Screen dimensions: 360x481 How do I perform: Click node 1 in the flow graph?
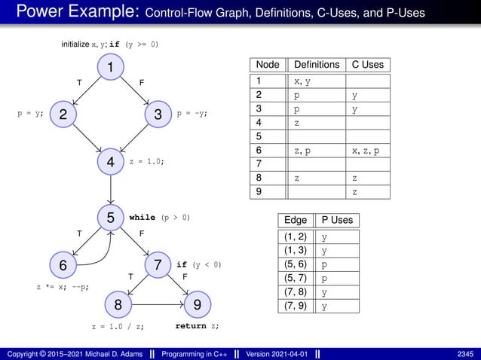coord(110,68)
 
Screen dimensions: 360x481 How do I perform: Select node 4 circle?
coord(110,161)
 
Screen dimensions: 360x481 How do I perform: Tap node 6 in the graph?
coord(64,265)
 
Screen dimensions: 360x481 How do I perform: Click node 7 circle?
coord(158,265)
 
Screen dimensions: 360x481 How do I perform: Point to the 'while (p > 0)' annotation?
coord(160,218)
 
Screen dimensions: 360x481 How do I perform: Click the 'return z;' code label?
coord(198,328)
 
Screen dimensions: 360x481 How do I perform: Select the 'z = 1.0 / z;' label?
coord(117,328)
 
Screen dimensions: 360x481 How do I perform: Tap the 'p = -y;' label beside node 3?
coord(191,114)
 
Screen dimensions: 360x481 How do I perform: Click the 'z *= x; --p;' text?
coord(64,287)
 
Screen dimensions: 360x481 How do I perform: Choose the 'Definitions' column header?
coord(316,65)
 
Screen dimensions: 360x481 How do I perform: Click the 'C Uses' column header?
coord(367,65)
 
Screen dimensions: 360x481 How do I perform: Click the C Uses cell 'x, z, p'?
coord(366,151)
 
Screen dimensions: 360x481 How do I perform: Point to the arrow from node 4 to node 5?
coord(111,189)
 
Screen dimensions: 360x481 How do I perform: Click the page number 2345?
coord(464,353)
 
